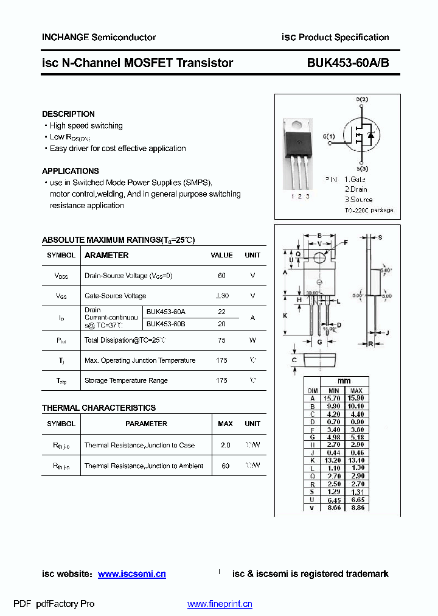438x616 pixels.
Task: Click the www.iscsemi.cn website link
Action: (x=132, y=574)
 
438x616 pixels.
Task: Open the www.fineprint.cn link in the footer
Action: (x=220, y=604)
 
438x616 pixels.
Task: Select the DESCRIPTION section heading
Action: (x=68, y=114)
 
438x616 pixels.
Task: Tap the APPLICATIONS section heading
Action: (x=71, y=171)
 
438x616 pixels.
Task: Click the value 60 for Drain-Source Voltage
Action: (x=221, y=276)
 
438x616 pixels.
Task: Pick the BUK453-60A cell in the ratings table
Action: (x=166, y=312)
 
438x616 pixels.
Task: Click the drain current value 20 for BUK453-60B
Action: (x=221, y=324)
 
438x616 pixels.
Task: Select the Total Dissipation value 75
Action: (x=221, y=340)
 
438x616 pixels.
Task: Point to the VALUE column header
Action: (x=221, y=256)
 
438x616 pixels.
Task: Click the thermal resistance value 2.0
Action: (x=225, y=445)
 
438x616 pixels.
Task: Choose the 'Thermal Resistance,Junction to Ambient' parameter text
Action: (x=144, y=466)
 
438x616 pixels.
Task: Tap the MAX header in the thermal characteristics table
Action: (x=225, y=424)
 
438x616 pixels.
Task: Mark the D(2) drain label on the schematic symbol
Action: (x=362, y=99)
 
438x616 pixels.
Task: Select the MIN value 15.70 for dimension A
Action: (x=333, y=397)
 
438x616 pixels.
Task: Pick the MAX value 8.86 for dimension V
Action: (x=357, y=507)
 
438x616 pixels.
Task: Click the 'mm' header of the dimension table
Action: (x=344, y=381)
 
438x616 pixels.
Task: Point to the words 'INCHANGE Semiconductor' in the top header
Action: (x=99, y=37)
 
